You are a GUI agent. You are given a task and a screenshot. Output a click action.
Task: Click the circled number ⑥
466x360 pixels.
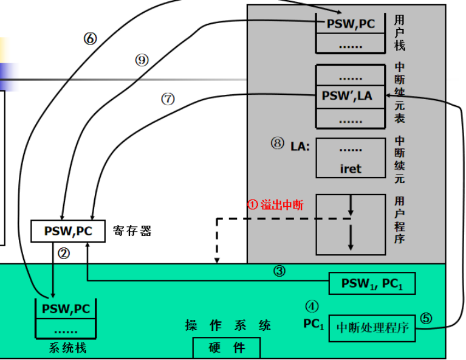[x=90, y=38]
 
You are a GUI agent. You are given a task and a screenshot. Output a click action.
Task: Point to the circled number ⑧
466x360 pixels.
[x=278, y=144]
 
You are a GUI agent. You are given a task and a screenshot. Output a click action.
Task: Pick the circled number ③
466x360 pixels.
[x=279, y=271]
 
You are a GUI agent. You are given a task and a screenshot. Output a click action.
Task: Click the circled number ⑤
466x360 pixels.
[x=426, y=317]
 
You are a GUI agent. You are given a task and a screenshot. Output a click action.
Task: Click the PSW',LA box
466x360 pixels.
[x=351, y=96]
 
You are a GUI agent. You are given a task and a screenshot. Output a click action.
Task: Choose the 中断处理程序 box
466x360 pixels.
[x=372, y=329]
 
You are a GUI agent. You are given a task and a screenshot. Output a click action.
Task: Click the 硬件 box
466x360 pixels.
[x=227, y=348]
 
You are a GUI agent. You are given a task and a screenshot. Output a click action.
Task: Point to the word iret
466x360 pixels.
[x=351, y=168]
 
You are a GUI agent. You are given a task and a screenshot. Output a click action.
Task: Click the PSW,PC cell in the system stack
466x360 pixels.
[x=66, y=308]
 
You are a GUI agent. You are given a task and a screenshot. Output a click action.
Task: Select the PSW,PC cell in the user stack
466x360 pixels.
[x=351, y=25]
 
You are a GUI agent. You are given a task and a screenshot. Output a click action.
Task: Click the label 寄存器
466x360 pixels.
[x=132, y=231]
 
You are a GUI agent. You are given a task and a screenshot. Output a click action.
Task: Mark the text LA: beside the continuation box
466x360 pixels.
[x=300, y=146]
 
